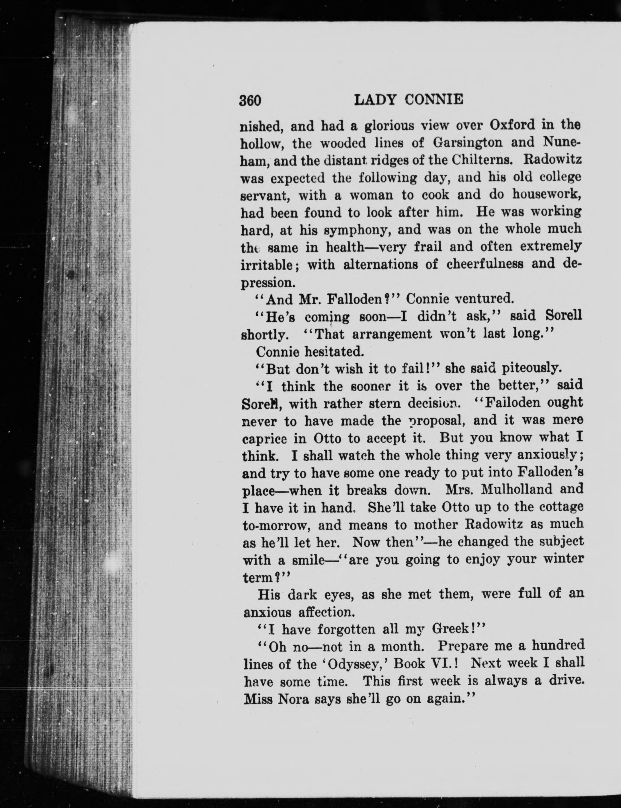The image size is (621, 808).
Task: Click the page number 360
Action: pyautogui.click(x=250, y=100)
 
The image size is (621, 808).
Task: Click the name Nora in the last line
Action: pyautogui.click(x=293, y=699)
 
